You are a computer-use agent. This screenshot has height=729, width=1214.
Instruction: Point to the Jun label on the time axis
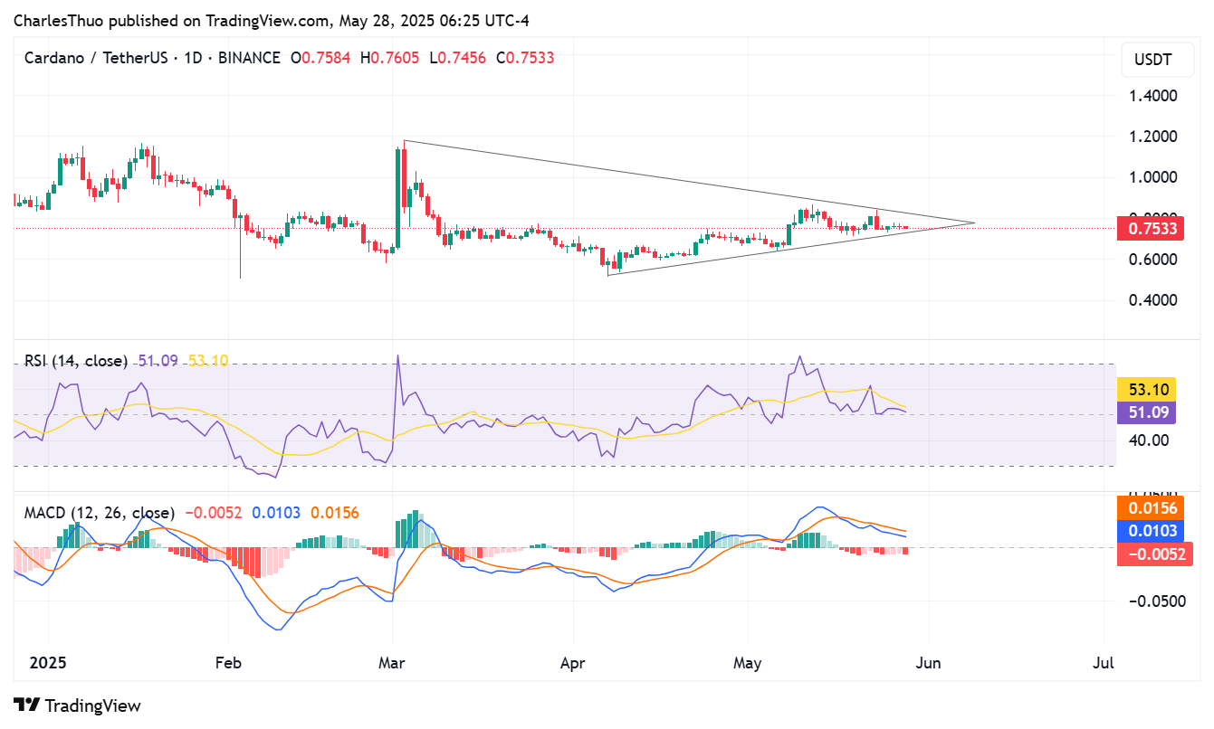928,663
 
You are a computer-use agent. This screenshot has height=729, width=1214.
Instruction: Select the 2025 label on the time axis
48,663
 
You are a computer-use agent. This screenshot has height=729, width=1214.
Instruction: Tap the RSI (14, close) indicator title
76,361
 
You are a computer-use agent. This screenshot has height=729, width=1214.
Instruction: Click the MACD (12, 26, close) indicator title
100,513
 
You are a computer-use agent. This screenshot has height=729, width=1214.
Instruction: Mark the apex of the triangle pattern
975,222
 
